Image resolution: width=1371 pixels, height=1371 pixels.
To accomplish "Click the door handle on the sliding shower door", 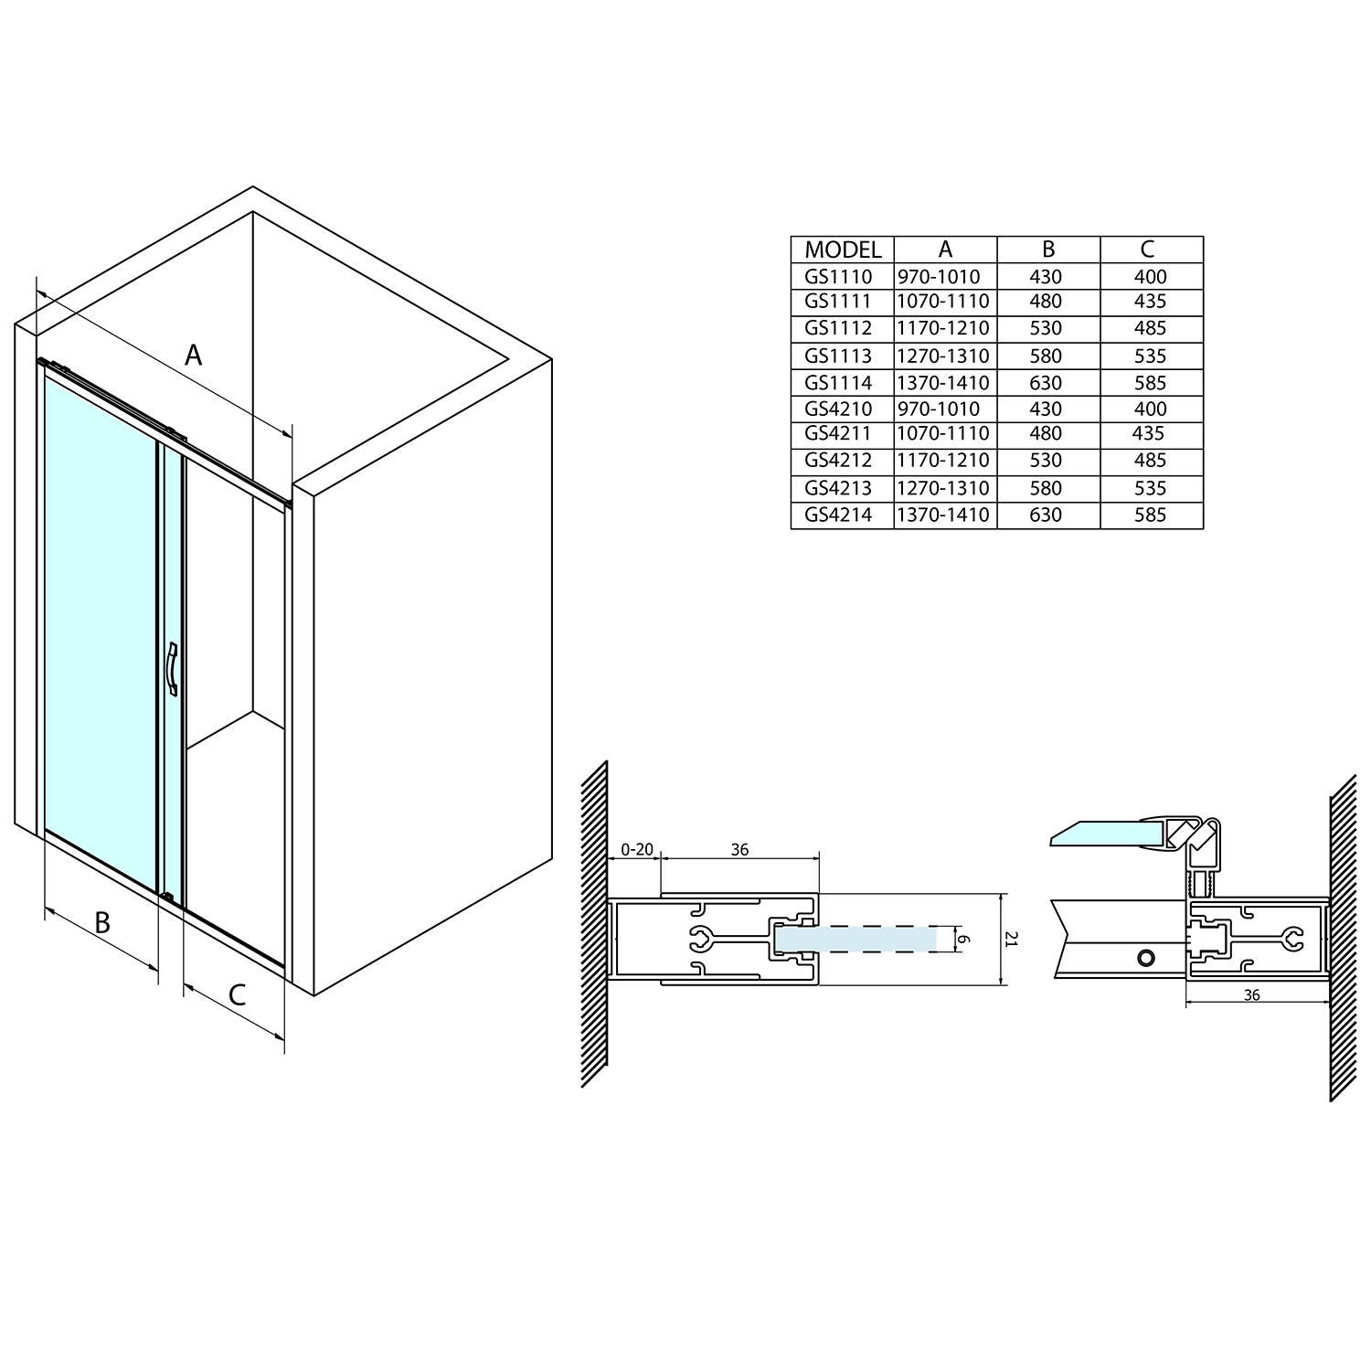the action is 172,669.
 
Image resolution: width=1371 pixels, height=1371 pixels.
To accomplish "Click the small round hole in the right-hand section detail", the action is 1143,959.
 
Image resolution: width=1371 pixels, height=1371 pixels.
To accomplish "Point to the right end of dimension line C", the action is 284,1038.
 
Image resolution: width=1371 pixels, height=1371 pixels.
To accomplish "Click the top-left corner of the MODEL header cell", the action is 792,237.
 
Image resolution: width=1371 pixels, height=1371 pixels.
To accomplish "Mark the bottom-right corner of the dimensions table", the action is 1204,529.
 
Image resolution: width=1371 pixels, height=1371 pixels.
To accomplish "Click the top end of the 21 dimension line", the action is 1004,893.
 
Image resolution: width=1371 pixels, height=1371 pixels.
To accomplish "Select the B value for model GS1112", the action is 1046,327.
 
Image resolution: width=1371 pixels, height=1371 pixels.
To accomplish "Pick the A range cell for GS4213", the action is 944,488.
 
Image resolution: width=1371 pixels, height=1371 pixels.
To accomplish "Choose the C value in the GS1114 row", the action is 1149,383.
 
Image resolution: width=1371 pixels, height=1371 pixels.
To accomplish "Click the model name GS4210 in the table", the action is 839,409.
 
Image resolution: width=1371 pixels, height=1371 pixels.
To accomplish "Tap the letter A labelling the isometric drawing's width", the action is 193,354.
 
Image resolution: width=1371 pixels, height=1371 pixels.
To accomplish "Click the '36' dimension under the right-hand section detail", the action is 1252,994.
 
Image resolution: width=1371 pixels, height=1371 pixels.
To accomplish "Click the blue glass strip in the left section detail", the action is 856,939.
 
